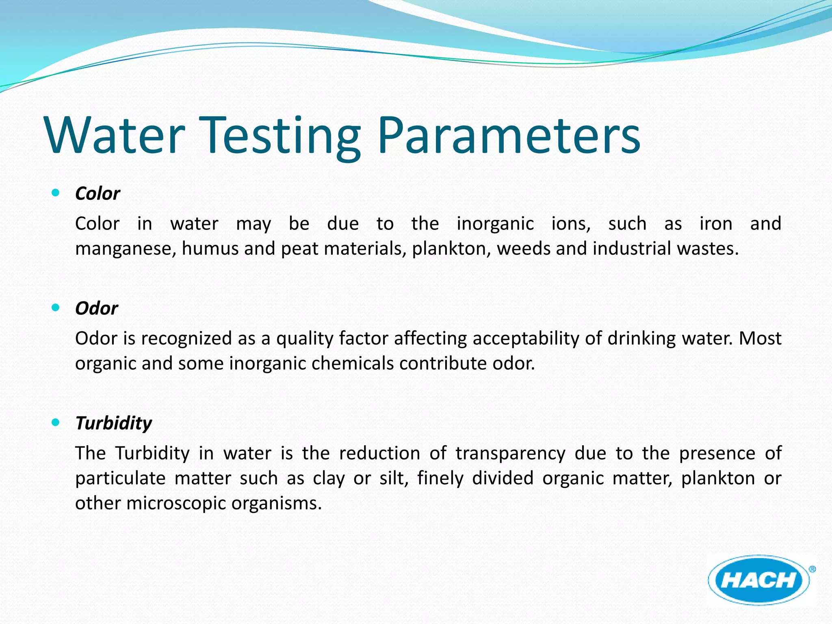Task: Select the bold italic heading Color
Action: coord(97,194)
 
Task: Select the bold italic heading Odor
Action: coord(97,308)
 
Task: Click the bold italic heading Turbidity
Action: coord(114,423)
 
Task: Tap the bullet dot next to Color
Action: coord(56,193)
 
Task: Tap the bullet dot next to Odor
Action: coord(56,308)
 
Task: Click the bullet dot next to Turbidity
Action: coord(56,422)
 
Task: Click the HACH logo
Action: coord(758,580)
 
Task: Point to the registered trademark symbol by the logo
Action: coord(812,569)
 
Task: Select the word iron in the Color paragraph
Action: coord(716,223)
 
